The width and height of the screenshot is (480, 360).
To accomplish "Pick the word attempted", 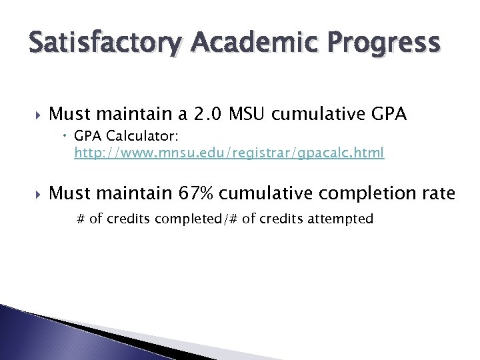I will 341,218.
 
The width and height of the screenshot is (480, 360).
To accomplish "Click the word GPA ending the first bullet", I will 387,114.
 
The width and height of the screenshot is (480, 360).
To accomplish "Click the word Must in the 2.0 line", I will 69,114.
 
